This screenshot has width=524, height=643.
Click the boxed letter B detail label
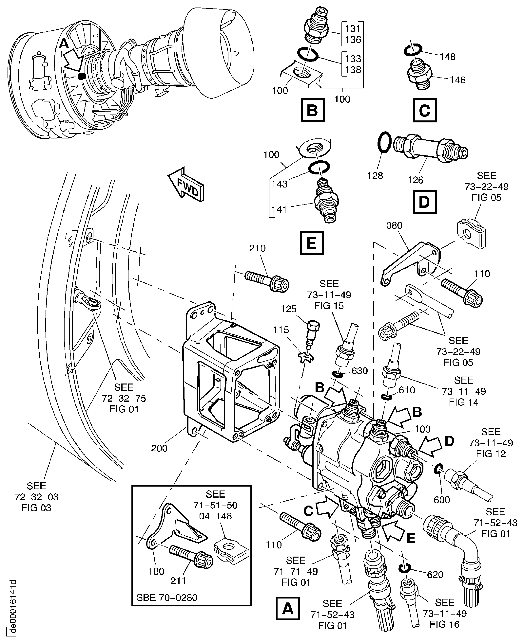click(312, 110)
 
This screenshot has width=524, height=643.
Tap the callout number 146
click(458, 80)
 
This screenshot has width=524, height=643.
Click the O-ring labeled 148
click(413, 50)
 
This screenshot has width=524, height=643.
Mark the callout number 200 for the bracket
click(159, 448)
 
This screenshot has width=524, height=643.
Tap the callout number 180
click(156, 571)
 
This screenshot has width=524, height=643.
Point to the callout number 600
click(442, 500)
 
